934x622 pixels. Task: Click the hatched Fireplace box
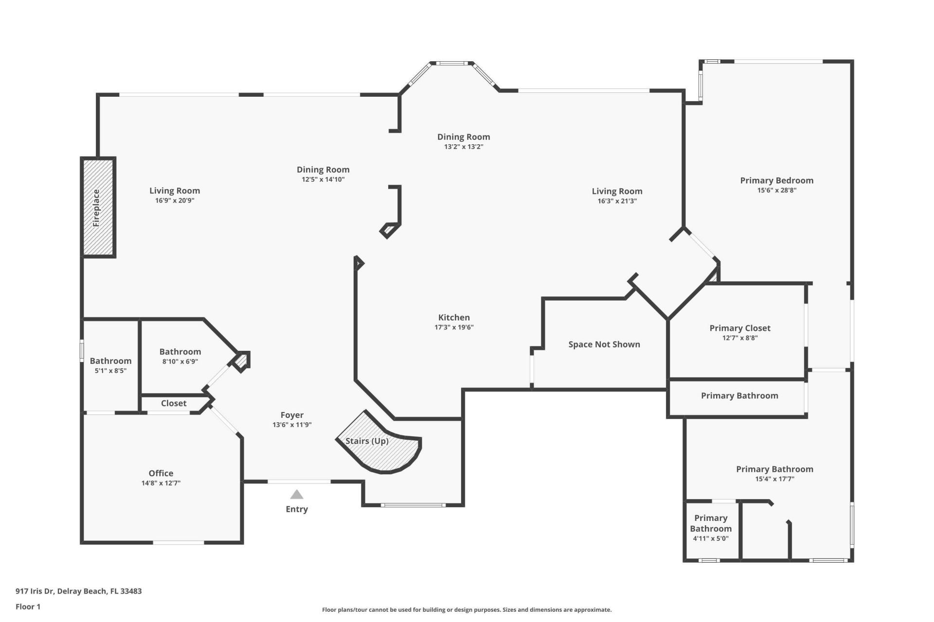[x=98, y=207]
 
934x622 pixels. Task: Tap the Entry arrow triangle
[x=297, y=495]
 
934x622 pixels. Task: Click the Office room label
[x=161, y=473]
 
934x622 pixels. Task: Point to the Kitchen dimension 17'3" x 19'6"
[x=454, y=328]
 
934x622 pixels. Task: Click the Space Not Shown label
[x=604, y=345]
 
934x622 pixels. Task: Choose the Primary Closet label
[x=740, y=328]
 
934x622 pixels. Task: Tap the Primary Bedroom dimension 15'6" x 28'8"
[x=777, y=190]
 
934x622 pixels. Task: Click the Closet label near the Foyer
[x=174, y=403]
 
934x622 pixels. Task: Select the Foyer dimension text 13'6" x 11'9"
[x=292, y=425]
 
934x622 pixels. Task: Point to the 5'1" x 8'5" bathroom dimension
[x=110, y=371]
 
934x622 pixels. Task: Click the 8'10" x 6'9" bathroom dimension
[x=180, y=362]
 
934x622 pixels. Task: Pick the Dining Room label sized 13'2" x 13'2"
[x=464, y=137]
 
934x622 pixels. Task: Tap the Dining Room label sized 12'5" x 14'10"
[x=323, y=170]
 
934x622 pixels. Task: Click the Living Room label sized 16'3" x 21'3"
[x=617, y=191]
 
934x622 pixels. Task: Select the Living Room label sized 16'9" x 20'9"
[x=175, y=191]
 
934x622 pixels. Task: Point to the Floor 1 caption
[x=28, y=606]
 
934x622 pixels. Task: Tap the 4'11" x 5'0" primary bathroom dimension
[x=711, y=538]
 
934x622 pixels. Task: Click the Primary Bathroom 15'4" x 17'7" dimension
[x=774, y=479]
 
